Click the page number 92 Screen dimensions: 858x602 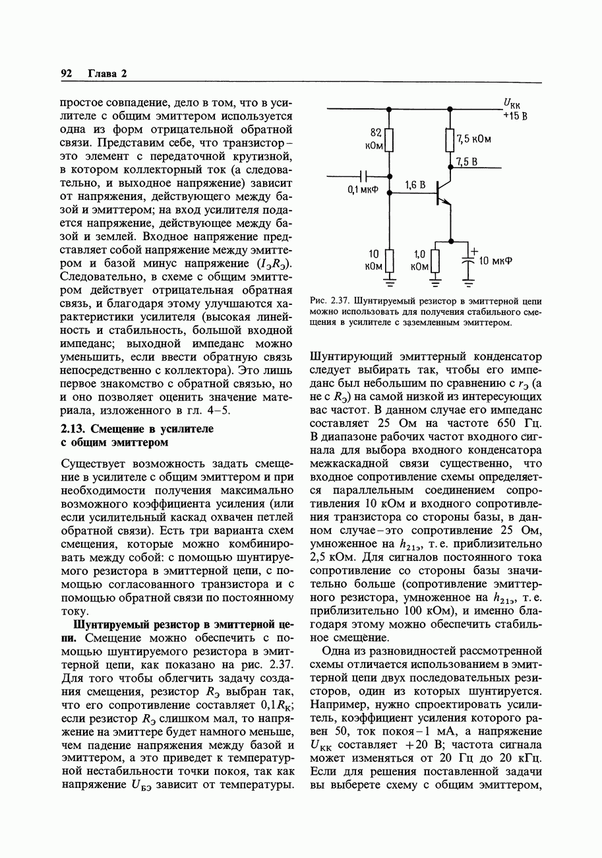pyautogui.click(x=66, y=74)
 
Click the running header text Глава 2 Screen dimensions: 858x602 pyautogui.click(x=107, y=74)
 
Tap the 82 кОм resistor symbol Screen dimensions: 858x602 pyautogui.click(x=390, y=140)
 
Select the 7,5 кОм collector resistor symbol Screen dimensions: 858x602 pyautogui.click(x=450, y=140)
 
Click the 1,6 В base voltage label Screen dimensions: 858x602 pyautogui.click(x=415, y=185)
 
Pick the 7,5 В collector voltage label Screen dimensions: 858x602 pyautogui.click(x=466, y=161)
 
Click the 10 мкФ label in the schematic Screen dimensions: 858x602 pyautogui.click(x=495, y=261)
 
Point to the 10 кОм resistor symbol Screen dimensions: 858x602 pyautogui.click(x=390, y=259)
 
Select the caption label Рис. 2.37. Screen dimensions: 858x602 pyautogui.click(x=328, y=301)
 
